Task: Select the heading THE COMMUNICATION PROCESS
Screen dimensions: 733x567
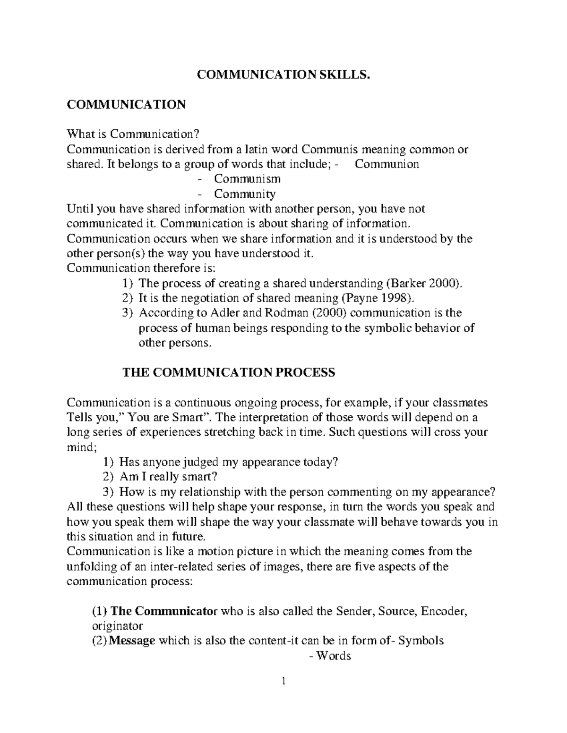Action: coord(229,372)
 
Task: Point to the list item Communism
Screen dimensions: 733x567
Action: coord(247,179)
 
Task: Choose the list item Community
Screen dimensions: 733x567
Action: coord(245,194)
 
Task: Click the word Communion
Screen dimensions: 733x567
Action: coord(387,164)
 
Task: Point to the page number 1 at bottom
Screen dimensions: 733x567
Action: coord(283,681)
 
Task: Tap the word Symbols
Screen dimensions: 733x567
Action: coord(421,640)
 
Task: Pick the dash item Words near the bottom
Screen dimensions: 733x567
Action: coord(333,656)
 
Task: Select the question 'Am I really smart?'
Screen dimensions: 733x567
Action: coord(168,477)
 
